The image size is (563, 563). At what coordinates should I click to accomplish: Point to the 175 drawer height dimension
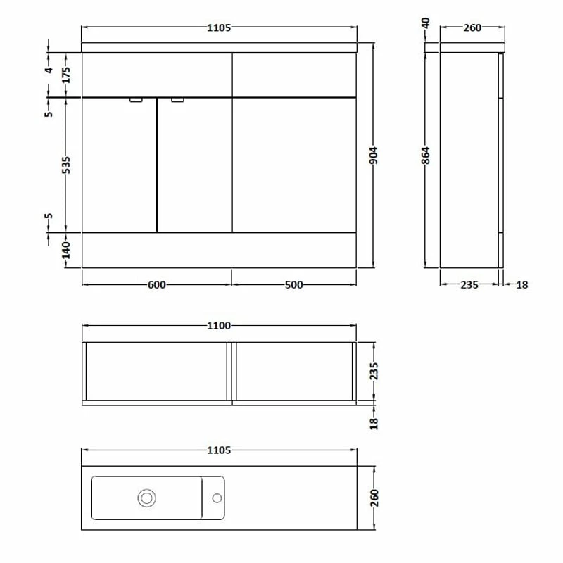click(66, 75)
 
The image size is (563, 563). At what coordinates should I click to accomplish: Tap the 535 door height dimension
click(66, 164)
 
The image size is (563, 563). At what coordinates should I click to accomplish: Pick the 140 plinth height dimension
click(66, 250)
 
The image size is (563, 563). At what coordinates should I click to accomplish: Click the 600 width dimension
click(157, 284)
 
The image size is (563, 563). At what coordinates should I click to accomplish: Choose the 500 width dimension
click(294, 284)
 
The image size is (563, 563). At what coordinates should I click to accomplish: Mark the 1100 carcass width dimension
click(220, 326)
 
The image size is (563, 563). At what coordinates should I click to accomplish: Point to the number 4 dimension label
click(49, 70)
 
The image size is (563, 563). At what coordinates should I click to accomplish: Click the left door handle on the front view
click(137, 101)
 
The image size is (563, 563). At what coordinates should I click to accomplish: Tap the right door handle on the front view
click(178, 101)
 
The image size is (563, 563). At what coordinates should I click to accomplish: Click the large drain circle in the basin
click(147, 498)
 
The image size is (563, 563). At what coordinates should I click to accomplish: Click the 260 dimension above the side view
click(472, 28)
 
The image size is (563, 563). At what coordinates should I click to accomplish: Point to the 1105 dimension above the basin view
click(220, 450)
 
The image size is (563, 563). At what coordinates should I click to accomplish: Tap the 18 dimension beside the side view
click(521, 285)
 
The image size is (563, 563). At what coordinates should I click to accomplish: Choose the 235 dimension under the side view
click(469, 285)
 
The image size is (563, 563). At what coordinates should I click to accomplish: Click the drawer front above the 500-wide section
click(294, 75)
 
